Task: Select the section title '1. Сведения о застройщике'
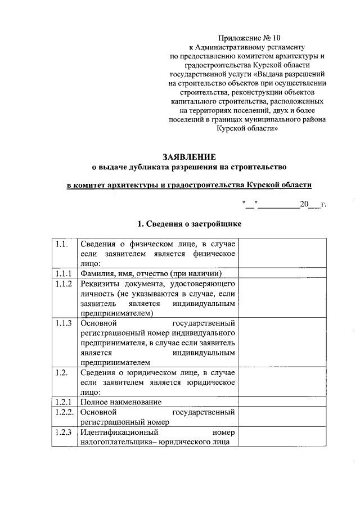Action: point(190,224)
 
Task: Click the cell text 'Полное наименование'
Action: point(121,402)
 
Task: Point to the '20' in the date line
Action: point(305,204)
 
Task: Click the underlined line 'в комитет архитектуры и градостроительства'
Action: point(189,185)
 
